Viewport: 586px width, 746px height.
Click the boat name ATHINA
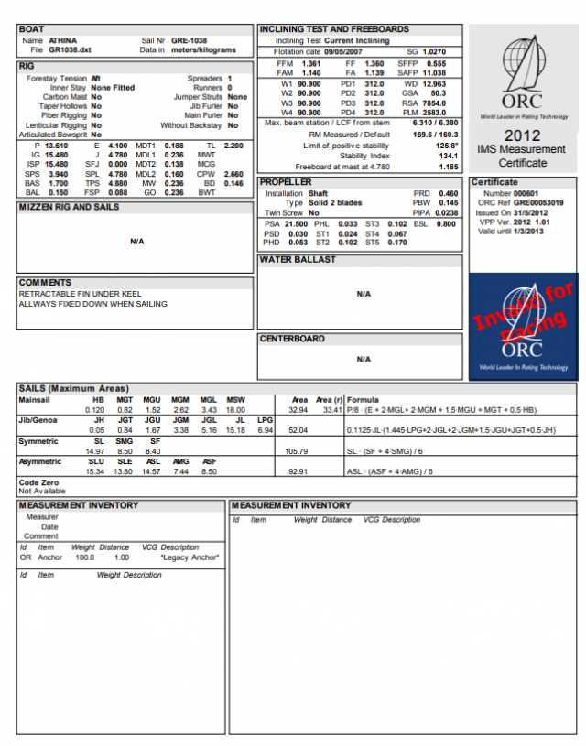pos(63,41)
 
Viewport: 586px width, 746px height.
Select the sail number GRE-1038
pos(190,41)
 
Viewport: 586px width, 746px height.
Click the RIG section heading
pos(27,66)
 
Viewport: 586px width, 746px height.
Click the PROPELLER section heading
pos(287,182)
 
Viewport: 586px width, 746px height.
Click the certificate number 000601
pos(524,193)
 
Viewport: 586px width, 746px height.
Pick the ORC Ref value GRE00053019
pos(537,202)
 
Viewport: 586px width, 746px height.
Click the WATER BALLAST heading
pos(298,260)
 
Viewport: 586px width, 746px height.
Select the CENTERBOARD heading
pos(292,339)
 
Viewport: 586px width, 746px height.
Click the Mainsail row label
pos(35,400)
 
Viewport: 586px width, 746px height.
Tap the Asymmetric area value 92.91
pos(297,471)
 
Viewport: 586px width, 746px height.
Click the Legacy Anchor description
pos(190,557)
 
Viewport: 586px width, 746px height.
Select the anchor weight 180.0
pos(84,557)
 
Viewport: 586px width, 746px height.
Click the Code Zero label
pos(38,482)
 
